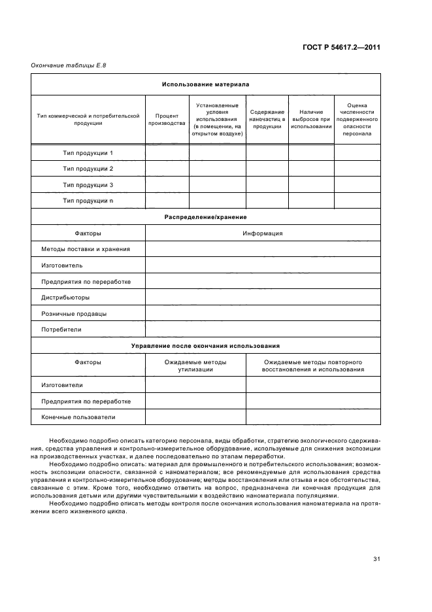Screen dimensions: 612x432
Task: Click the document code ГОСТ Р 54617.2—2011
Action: pos(342,47)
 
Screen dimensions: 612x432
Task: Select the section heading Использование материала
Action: pos(205,84)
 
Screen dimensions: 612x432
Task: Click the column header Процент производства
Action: pos(167,119)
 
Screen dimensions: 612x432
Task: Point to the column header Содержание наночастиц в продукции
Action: pos(267,119)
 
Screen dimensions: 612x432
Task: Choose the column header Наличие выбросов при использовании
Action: pos(311,119)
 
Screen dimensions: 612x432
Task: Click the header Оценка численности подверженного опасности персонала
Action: pos(357,119)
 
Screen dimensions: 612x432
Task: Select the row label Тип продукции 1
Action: pos(88,153)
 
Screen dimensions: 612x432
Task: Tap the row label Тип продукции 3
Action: pos(88,185)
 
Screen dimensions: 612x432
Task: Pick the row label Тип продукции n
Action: pos(88,201)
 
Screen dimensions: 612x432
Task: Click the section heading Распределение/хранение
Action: pos(205,216)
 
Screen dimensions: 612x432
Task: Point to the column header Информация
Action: pos(262,233)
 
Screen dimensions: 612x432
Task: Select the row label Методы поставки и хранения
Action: pos(86,249)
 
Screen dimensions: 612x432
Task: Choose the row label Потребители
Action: pos(61,330)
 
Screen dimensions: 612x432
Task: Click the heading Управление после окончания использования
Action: pos(205,345)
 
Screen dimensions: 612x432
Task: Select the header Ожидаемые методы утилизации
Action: pos(195,365)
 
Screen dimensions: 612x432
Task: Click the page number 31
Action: pos(376,558)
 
